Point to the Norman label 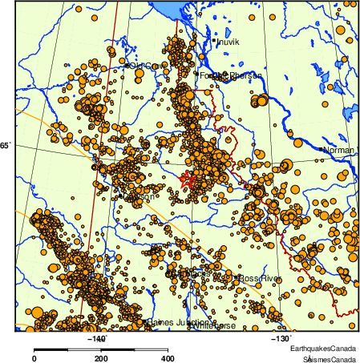coord(338,149)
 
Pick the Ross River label coord(261,278)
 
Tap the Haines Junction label coord(177,323)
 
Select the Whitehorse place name coord(214,327)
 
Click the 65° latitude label coord(6,145)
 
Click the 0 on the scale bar coord(34,359)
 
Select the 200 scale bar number coord(101,359)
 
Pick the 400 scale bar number coord(168,359)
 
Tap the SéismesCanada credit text coord(325,359)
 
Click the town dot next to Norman coord(321,149)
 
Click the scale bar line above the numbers coord(101,349)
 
